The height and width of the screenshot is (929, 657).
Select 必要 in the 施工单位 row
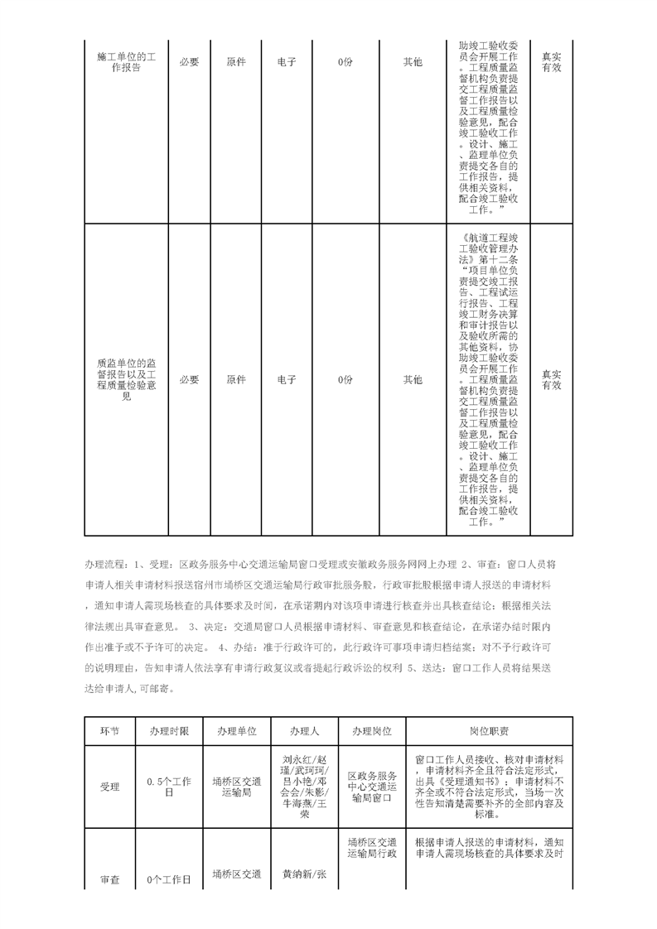190,62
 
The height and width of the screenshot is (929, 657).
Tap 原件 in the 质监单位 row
237,379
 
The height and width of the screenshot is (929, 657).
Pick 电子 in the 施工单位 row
287,62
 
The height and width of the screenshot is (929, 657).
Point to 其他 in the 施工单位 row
412,62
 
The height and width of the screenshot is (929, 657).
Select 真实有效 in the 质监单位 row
552,379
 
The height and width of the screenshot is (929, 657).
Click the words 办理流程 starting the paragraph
103,565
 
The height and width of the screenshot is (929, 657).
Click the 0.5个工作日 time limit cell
169,787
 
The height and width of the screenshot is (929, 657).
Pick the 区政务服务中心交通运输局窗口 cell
372,787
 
